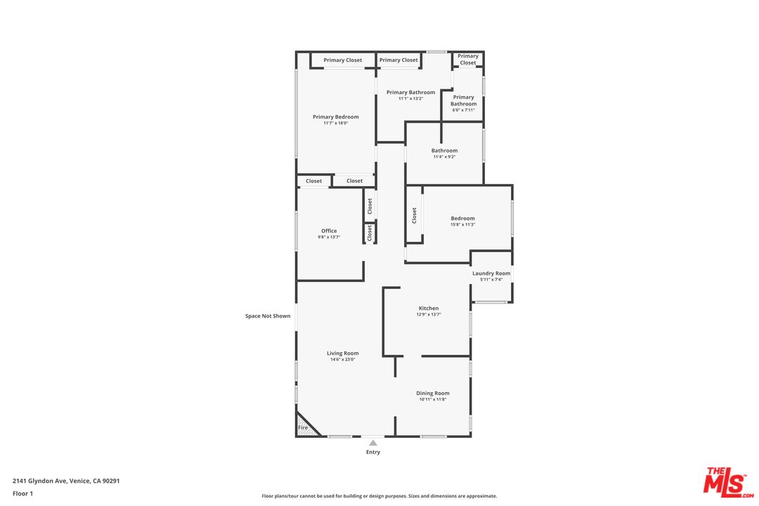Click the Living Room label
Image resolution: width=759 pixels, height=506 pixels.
(343, 353)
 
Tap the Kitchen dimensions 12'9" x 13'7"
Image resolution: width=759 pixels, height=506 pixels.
(429, 315)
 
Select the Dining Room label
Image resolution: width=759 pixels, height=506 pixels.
(433, 393)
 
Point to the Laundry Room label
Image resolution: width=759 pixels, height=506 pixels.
(491, 273)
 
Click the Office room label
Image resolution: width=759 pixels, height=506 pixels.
(329, 231)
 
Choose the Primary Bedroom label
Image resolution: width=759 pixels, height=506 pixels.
(336, 117)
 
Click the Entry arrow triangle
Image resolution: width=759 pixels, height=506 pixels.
(372, 443)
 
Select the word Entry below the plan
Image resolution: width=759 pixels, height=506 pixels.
(373, 453)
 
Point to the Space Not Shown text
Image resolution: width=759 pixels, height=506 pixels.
(268, 316)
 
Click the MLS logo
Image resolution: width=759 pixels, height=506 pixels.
(729, 482)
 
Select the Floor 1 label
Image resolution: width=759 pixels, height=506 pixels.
(22, 494)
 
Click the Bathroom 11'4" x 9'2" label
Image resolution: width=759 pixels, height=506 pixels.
(444, 153)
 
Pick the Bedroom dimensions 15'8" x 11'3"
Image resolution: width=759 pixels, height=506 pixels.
(462, 225)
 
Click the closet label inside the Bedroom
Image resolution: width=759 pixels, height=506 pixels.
(415, 216)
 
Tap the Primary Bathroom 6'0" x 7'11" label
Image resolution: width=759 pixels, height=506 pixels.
(464, 103)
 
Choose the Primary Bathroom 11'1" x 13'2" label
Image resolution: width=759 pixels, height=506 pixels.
(411, 95)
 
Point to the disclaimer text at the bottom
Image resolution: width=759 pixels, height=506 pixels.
(379, 496)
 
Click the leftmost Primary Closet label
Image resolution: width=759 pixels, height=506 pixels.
(343, 60)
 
